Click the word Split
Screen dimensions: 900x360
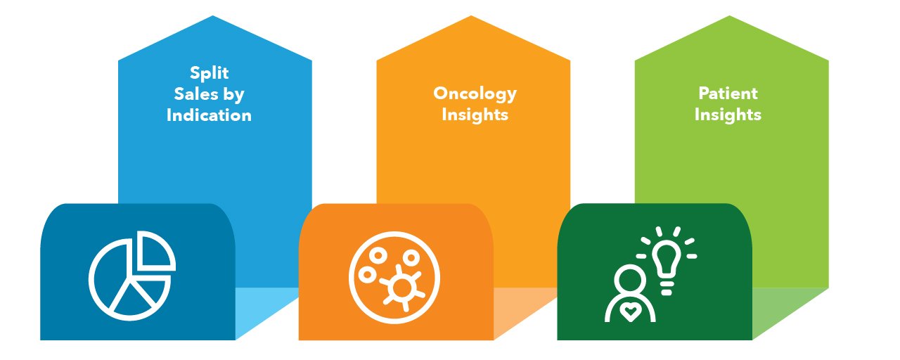tap(209, 74)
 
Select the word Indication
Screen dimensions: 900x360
tap(209, 115)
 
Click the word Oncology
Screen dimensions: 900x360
tap(475, 94)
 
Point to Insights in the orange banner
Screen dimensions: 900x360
tap(475, 115)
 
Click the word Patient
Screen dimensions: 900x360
tap(728, 94)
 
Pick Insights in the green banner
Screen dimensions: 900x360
tap(728, 115)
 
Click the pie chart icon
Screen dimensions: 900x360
tap(131, 276)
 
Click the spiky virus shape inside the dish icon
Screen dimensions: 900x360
tap(401, 287)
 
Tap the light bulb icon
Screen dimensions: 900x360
tap(667, 260)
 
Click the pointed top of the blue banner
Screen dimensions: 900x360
tap(212, 15)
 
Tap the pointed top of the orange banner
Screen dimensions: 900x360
tap(471, 15)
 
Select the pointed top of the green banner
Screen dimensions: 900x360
tap(729, 15)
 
